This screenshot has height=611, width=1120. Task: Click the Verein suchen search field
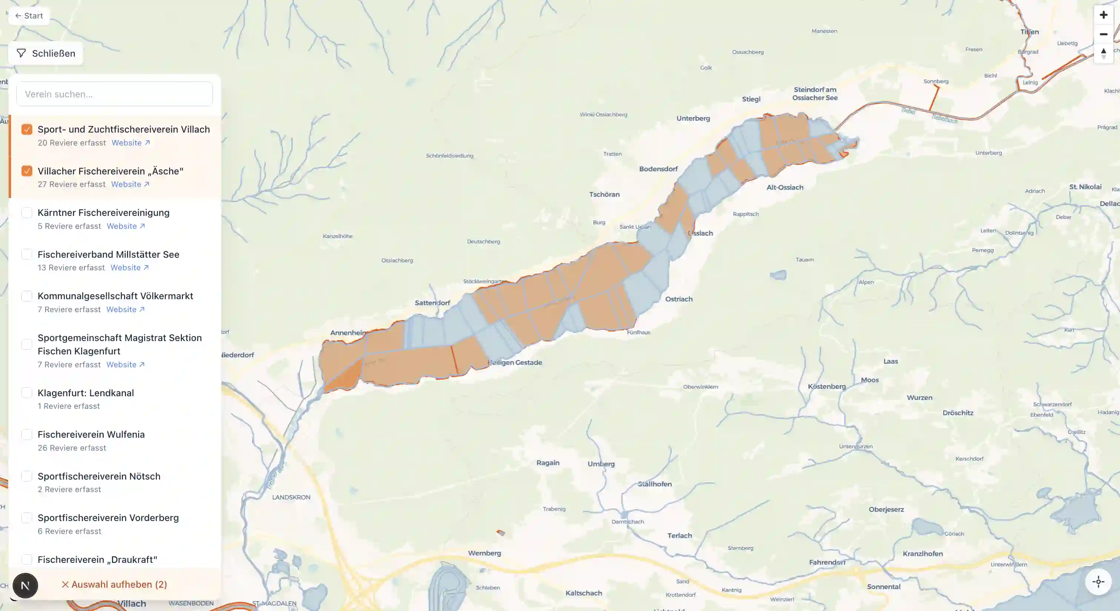pos(114,94)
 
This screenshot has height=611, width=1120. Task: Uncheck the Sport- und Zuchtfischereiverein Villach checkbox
pos(27,130)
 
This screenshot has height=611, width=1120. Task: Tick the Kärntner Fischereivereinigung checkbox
pos(27,213)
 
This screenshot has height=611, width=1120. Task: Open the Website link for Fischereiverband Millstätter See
pos(129,268)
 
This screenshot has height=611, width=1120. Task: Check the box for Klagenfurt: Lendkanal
pos(27,393)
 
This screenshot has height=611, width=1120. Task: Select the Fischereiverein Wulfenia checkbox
pos(27,435)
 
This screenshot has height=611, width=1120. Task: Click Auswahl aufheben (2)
pos(114,584)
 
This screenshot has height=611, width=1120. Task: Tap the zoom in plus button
pos(1103,15)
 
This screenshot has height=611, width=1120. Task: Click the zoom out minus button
pos(1103,34)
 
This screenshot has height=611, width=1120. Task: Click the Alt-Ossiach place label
pos(784,188)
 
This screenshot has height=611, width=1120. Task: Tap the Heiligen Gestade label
pos(515,363)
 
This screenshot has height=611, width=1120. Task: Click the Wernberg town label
pos(484,553)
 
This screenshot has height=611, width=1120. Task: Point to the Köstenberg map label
pos(827,387)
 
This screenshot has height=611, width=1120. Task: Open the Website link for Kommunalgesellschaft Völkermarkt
pos(125,310)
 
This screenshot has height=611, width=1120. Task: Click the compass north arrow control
pos(1103,53)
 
